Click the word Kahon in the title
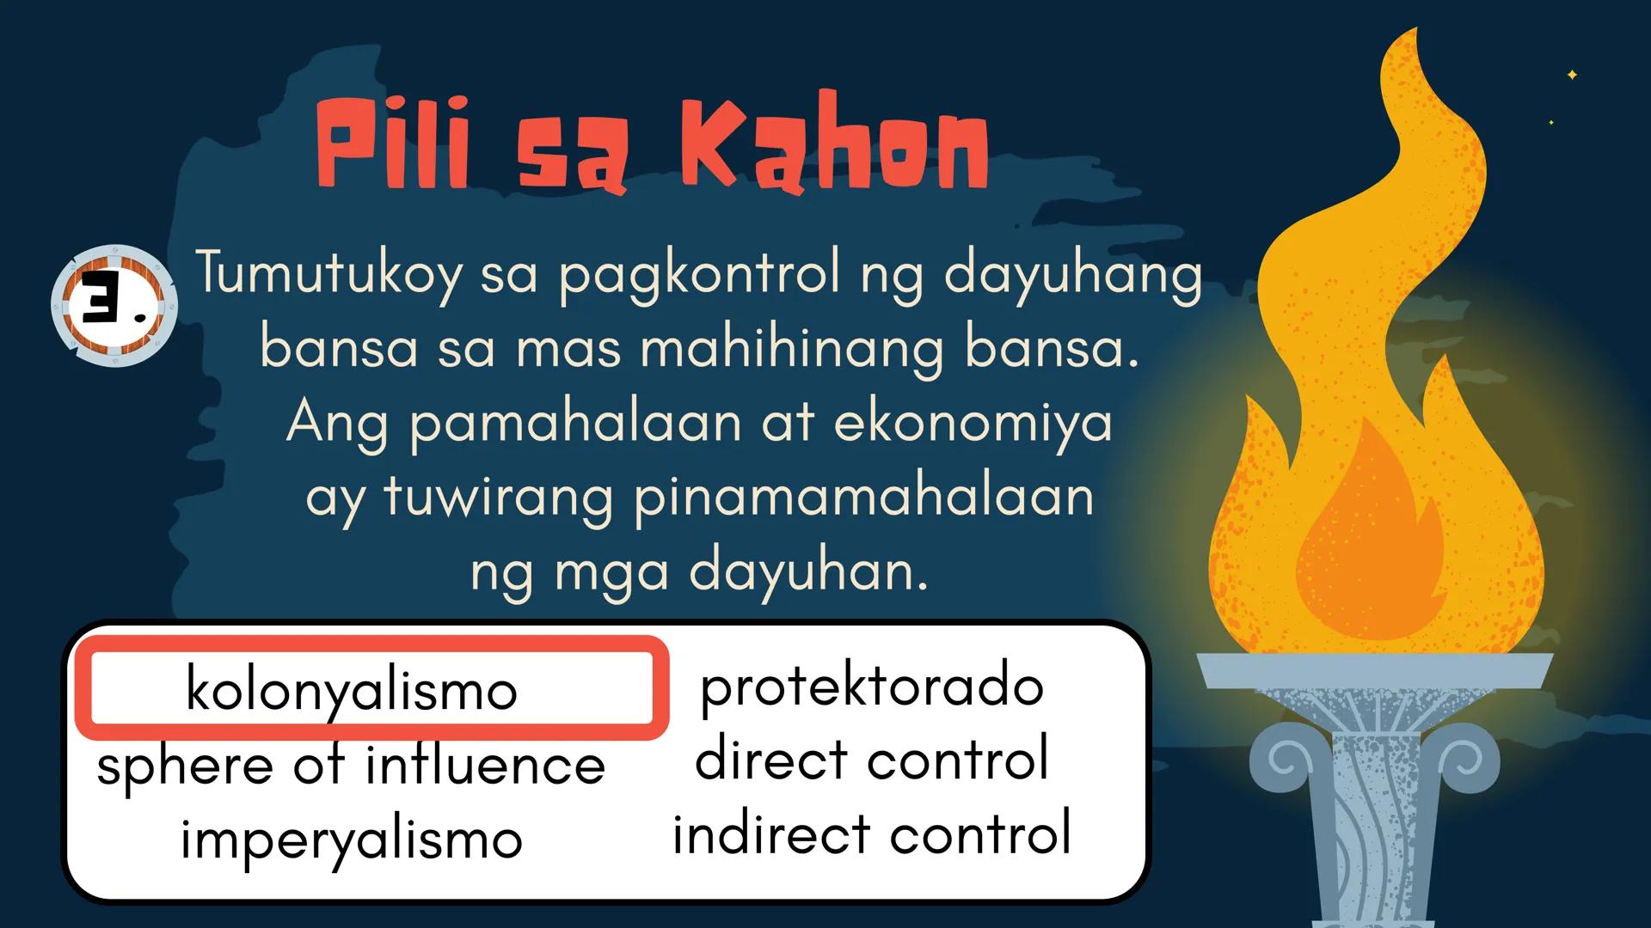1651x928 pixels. (835, 142)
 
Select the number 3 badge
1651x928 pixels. (114, 305)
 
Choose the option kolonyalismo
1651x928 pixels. (352, 689)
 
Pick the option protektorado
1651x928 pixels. (872, 687)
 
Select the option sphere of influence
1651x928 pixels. (351, 764)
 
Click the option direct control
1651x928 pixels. (872, 759)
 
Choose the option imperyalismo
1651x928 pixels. (352, 839)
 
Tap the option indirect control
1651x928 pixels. (872, 833)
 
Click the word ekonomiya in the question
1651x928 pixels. (973, 424)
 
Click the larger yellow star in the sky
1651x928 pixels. (1572, 75)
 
